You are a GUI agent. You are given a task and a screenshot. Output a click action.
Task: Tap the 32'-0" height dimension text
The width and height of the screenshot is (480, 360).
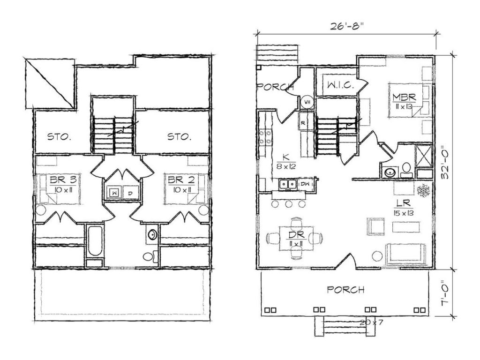(445, 163)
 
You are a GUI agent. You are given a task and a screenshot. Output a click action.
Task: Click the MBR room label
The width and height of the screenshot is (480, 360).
(404, 97)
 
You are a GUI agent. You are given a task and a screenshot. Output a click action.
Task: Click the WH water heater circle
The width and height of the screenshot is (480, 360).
(307, 102)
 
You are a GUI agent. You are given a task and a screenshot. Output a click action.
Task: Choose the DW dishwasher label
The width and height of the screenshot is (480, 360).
(305, 184)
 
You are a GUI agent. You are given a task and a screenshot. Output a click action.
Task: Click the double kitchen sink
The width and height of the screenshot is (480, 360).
(288, 184)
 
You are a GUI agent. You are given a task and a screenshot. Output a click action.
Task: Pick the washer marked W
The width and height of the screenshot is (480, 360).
(114, 193)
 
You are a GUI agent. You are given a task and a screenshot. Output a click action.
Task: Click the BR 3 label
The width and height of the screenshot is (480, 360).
(61, 180)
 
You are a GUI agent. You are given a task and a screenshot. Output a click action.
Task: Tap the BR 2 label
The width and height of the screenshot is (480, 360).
(180, 180)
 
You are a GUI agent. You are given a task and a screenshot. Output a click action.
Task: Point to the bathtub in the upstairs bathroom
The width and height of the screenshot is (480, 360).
(95, 242)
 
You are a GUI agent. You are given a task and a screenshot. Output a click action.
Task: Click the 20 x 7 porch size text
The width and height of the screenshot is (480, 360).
(371, 322)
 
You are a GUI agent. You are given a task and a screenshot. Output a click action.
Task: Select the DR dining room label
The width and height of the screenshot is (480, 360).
(296, 235)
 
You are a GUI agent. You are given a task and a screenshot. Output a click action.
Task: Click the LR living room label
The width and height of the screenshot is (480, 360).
(403, 203)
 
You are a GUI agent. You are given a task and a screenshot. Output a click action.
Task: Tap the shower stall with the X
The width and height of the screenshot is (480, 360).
(424, 156)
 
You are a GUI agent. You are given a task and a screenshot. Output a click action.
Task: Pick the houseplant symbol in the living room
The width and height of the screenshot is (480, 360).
(424, 190)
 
